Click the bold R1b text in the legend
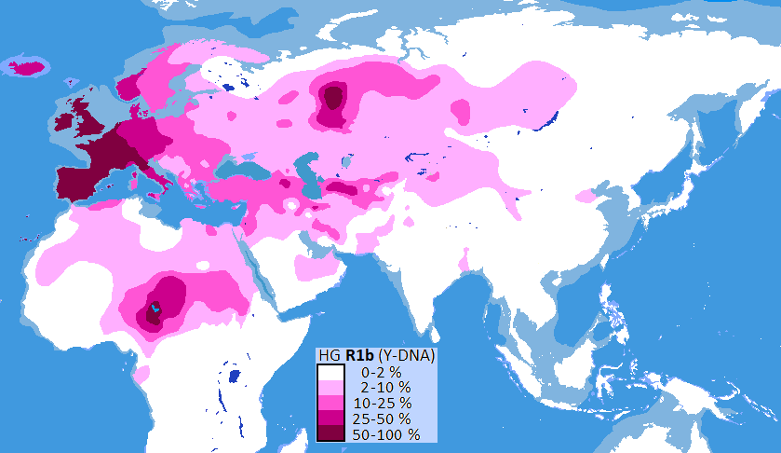point(360,356)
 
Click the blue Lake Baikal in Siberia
point(550,118)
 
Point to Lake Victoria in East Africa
point(233,377)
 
